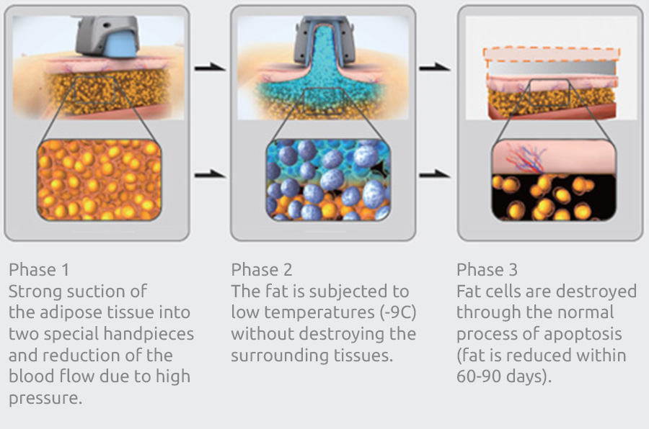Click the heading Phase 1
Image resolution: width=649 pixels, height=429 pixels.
pos(39,270)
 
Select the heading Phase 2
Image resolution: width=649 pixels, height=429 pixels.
pos(262,270)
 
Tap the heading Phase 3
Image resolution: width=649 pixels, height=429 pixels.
pos(487,270)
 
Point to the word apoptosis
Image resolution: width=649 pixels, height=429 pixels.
pos(583,335)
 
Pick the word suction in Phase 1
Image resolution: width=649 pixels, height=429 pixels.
pos(91,292)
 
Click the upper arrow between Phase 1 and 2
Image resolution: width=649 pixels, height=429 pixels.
pos(210,67)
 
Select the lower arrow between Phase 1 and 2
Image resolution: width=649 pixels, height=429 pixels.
pos(210,175)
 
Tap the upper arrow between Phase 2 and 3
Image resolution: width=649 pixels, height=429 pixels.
pos(435,67)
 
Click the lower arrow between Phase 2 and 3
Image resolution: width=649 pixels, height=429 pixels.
pos(435,175)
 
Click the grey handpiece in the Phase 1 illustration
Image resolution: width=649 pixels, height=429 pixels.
pos(107,37)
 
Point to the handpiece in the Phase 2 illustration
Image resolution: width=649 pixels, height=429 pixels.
pos(324,40)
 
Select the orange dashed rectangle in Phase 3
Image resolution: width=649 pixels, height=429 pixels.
pos(552,48)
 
